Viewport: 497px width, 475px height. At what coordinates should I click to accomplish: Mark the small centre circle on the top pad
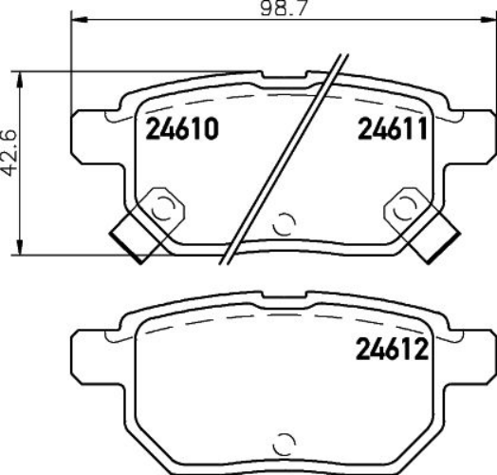[x=282, y=226]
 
